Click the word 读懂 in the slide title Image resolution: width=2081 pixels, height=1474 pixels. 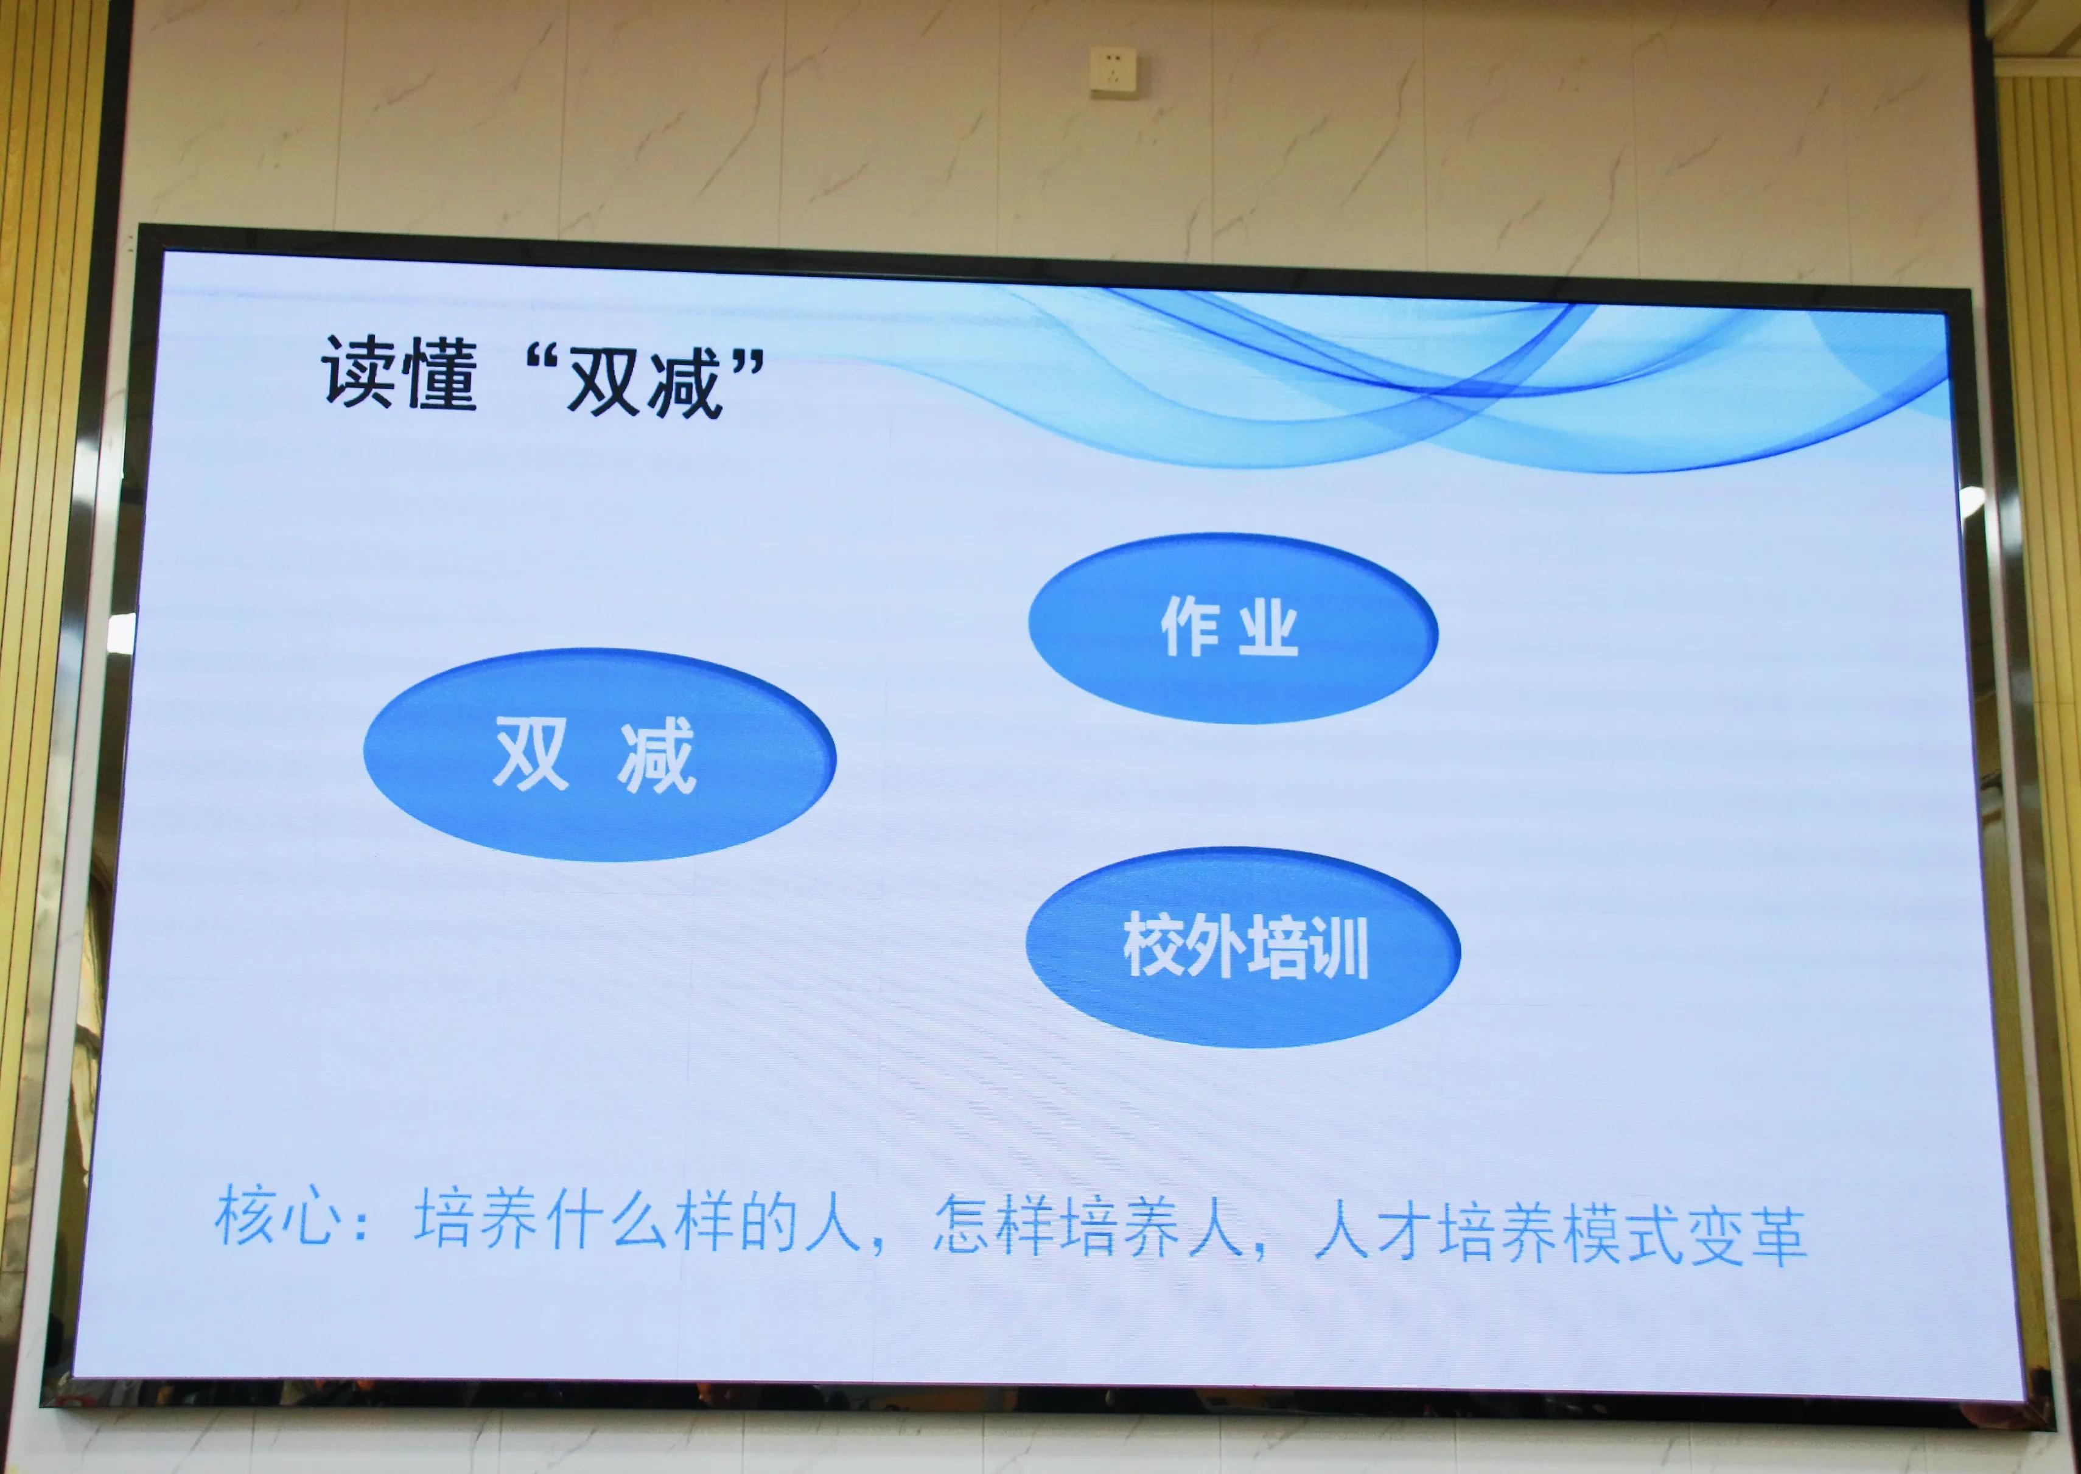399,373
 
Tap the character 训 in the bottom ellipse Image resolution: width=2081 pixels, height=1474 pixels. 1338,949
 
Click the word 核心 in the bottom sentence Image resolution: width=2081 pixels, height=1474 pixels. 278,1216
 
